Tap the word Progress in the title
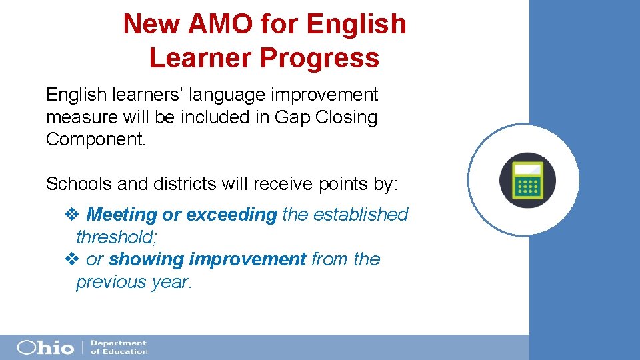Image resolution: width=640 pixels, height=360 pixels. coord(319,58)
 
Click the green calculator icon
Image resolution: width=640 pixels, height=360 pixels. coord(528,181)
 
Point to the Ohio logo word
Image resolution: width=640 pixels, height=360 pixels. coord(46,347)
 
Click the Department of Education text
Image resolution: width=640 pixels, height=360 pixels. coord(119,347)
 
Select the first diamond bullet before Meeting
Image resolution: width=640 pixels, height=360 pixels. coord(72,215)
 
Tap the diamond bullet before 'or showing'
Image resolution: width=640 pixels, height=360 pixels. coord(72,259)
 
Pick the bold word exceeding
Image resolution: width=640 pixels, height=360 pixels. coord(231,215)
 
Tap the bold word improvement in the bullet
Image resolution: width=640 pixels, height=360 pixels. coord(248,259)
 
